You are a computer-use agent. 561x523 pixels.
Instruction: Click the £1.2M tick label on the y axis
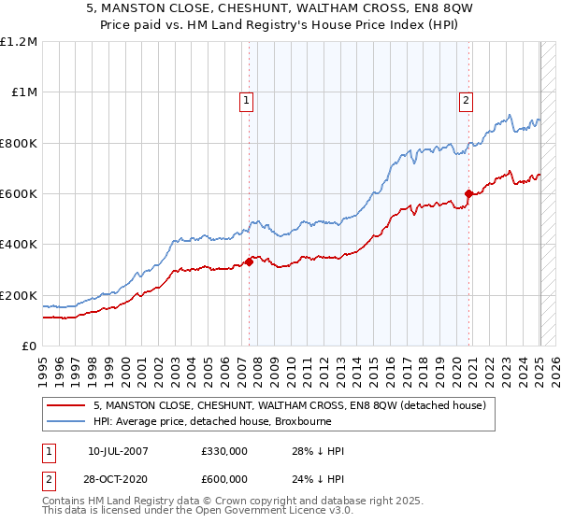pos(19,42)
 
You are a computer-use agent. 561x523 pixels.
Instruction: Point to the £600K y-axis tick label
pos(19,194)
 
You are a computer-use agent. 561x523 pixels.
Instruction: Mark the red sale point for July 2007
pos(250,262)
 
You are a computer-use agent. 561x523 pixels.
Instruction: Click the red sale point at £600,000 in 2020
pos(469,194)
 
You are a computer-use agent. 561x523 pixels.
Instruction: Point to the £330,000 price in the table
pos(224,452)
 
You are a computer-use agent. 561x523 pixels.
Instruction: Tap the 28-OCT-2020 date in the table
pos(119,479)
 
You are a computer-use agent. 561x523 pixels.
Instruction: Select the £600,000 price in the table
pos(224,479)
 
